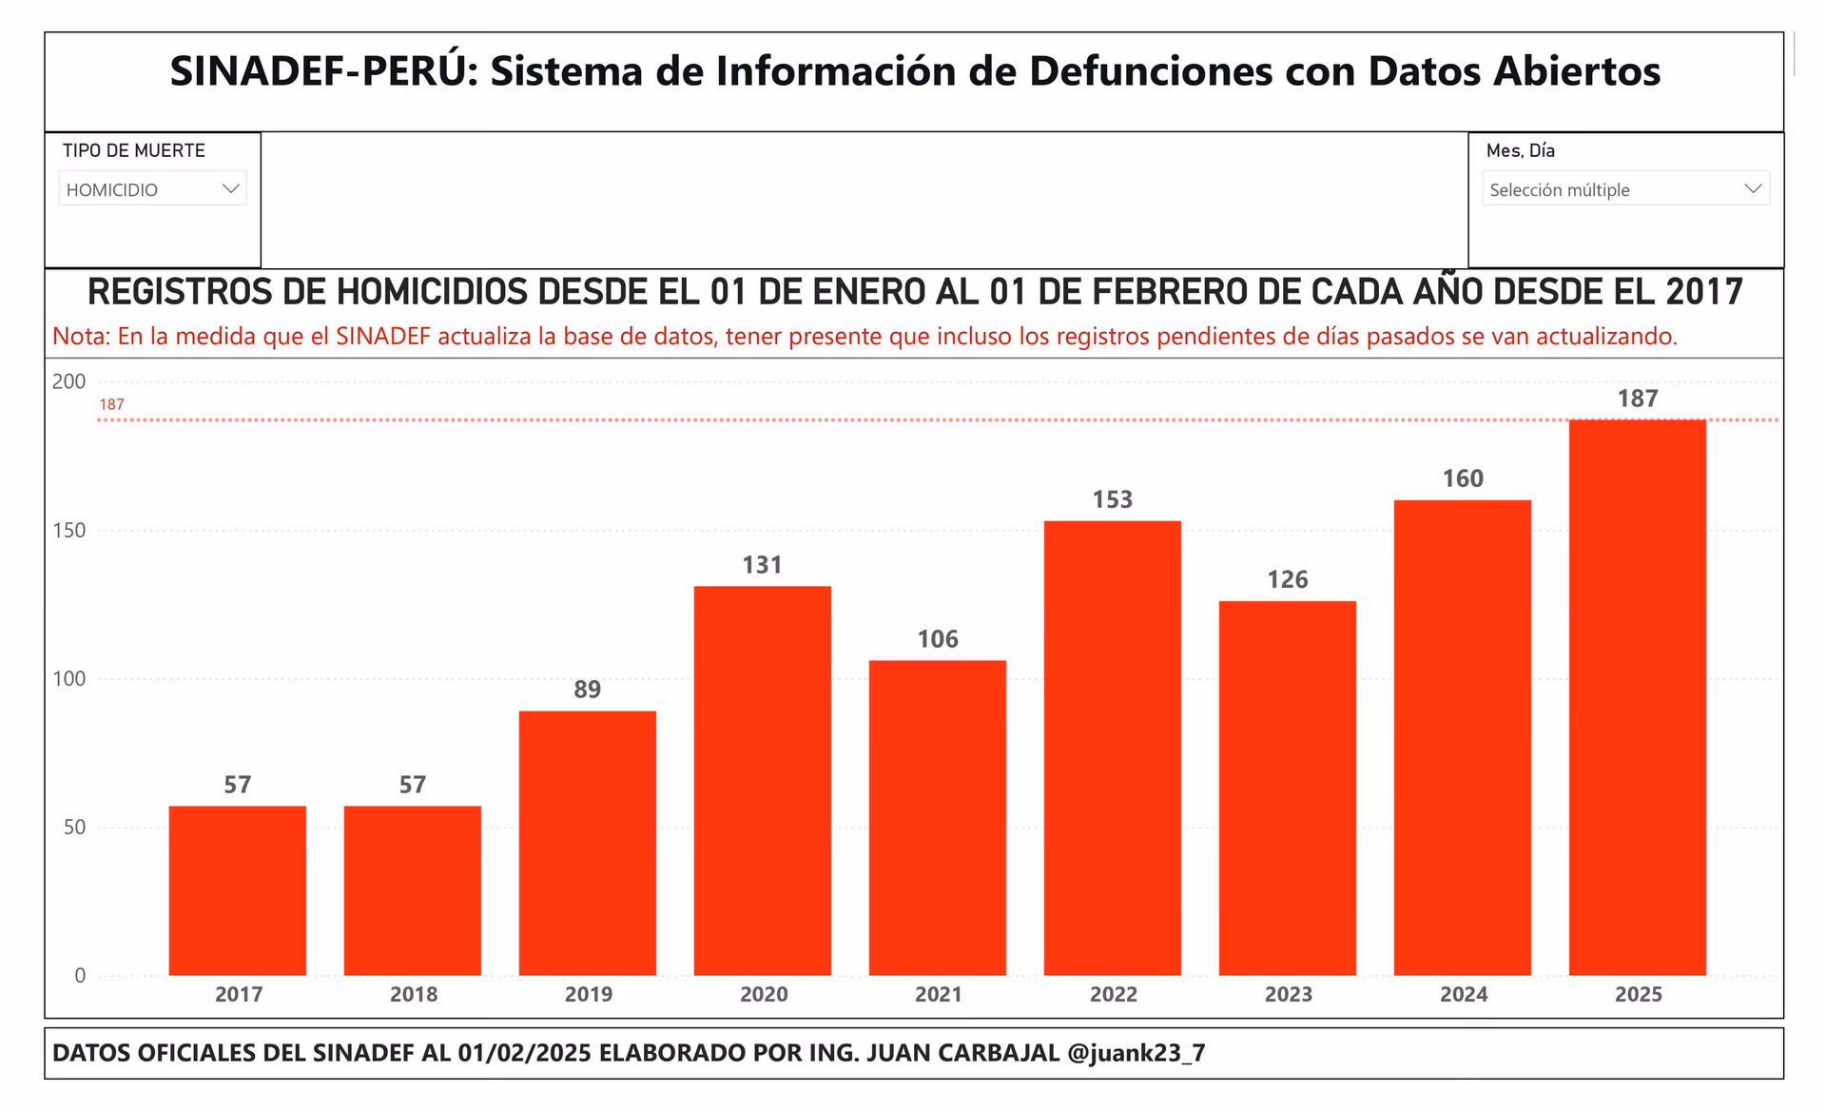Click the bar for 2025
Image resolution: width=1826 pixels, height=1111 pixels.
1637,697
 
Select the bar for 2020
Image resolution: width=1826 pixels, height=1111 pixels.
762,780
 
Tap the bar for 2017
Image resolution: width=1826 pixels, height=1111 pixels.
238,890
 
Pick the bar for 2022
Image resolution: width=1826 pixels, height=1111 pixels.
1112,748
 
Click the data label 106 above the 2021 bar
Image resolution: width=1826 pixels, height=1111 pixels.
937,639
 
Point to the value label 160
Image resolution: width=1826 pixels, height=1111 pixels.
1462,478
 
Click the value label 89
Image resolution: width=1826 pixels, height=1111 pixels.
587,690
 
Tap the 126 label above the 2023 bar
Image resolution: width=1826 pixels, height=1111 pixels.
1287,580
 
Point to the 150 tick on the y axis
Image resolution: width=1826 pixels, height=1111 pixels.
68,531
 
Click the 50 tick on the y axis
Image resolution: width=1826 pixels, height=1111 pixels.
74,828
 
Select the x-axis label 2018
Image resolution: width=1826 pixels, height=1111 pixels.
414,995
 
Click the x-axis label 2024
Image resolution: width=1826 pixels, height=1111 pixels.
1463,995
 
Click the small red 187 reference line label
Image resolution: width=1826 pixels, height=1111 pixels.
111,404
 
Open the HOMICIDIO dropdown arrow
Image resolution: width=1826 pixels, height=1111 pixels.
230,189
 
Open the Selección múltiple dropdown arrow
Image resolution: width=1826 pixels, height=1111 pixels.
1753,189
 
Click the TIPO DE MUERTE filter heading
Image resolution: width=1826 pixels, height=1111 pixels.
134,150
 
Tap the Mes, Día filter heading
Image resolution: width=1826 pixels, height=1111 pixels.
1520,150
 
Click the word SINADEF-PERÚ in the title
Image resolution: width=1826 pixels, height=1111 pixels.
323,71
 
